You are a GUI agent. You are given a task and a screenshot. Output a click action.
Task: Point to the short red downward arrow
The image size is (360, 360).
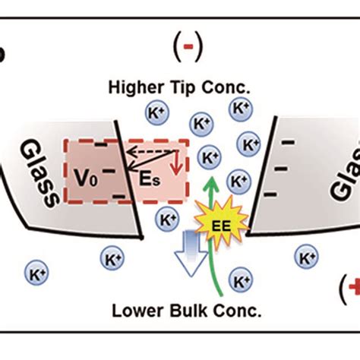177,163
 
